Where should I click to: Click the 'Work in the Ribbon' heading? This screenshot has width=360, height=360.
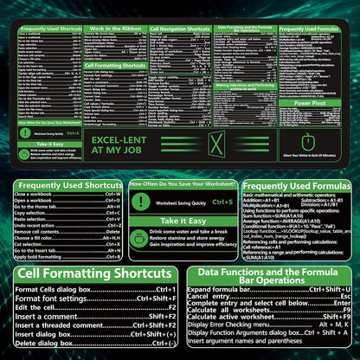(116, 29)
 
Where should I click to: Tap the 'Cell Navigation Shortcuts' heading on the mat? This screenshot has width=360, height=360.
(180, 29)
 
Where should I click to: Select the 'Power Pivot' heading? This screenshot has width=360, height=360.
(309, 102)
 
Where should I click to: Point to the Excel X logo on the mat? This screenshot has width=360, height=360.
(217, 144)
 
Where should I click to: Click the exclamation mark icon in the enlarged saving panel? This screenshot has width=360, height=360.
(140, 202)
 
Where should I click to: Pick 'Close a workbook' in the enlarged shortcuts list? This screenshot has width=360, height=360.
(34, 195)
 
